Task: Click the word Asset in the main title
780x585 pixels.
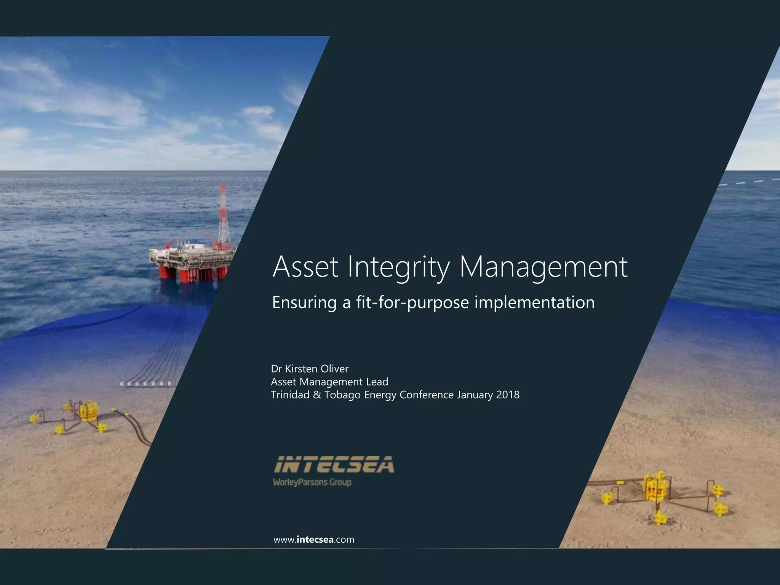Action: tap(305, 267)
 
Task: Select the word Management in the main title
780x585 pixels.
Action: tap(543, 267)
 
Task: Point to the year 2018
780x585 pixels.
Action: tap(508, 395)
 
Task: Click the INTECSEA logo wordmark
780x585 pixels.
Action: tap(334, 465)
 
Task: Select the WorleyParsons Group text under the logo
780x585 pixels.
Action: tap(312, 482)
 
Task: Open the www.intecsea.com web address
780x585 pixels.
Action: tap(314, 540)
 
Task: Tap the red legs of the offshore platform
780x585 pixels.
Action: tap(187, 272)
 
